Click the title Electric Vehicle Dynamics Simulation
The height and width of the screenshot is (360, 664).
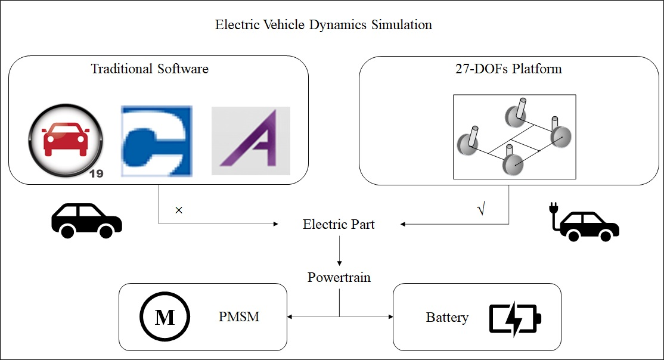click(x=323, y=25)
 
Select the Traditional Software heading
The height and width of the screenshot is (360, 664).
click(x=150, y=69)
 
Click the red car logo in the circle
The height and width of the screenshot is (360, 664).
click(x=66, y=141)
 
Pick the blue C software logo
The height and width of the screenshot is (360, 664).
click(x=157, y=141)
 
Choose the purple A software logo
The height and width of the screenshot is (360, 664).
click(x=251, y=141)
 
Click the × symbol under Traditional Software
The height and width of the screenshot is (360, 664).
click(x=178, y=210)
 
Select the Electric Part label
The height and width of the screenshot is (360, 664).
click(x=339, y=225)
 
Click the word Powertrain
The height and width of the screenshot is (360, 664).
click(x=339, y=277)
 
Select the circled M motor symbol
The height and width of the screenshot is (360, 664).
click(x=165, y=316)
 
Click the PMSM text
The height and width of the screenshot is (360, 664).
click(x=239, y=316)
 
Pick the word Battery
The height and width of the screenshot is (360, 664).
click(x=446, y=318)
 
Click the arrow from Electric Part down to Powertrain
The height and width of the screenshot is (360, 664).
click(x=339, y=250)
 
